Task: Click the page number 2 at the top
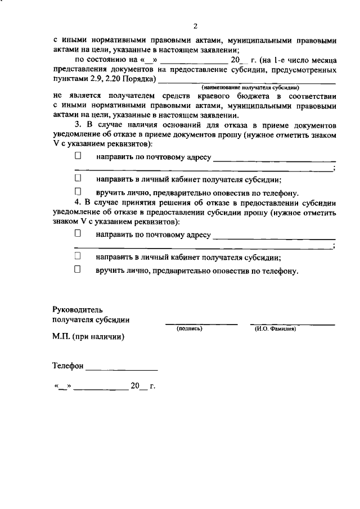pyautogui.click(x=195, y=26)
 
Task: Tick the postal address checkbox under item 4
pyautogui.click(x=79, y=233)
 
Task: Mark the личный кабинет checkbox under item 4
pyautogui.click(x=79, y=256)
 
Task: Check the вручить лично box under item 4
pyautogui.click(x=79, y=269)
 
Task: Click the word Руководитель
pyautogui.click(x=78, y=309)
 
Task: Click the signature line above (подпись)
pyautogui.click(x=201, y=323)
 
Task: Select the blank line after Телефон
pyautogui.click(x=122, y=368)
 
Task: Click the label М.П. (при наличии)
pyautogui.click(x=88, y=337)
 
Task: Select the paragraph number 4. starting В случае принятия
pyautogui.click(x=79, y=203)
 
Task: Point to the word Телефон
pyautogui.click(x=68, y=366)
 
